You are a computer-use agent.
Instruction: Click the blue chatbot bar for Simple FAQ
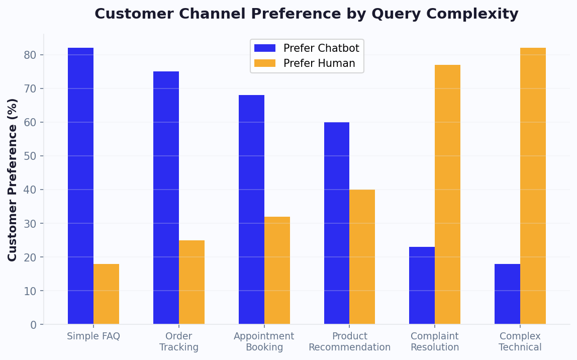[x=80, y=186]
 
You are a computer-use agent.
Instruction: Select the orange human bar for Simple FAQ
[x=106, y=294]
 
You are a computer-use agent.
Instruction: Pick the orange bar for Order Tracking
[x=191, y=282]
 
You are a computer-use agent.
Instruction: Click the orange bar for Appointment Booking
[x=277, y=271]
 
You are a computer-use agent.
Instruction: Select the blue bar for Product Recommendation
[x=337, y=223]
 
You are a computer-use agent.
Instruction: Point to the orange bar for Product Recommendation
[x=362, y=257]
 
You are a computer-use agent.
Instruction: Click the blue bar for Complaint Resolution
[x=422, y=286]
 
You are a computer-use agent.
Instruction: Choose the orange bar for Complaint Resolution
[x=447, y=195]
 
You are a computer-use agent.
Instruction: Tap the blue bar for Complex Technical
[x=507, y=294]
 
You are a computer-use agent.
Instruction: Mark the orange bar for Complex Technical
[x=533, y=186]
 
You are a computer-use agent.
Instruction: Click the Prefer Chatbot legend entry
[x=307, y=48]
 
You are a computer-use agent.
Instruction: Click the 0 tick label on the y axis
[x=33, y=325]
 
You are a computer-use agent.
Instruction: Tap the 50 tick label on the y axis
[x=30, y=156]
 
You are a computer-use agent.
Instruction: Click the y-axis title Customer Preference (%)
[x=13, y=179]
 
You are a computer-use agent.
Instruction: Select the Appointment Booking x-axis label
[x=264, y=342]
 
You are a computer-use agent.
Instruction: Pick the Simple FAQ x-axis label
[x=93, y=336]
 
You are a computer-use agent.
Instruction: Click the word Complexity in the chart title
[x=480, y=14]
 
